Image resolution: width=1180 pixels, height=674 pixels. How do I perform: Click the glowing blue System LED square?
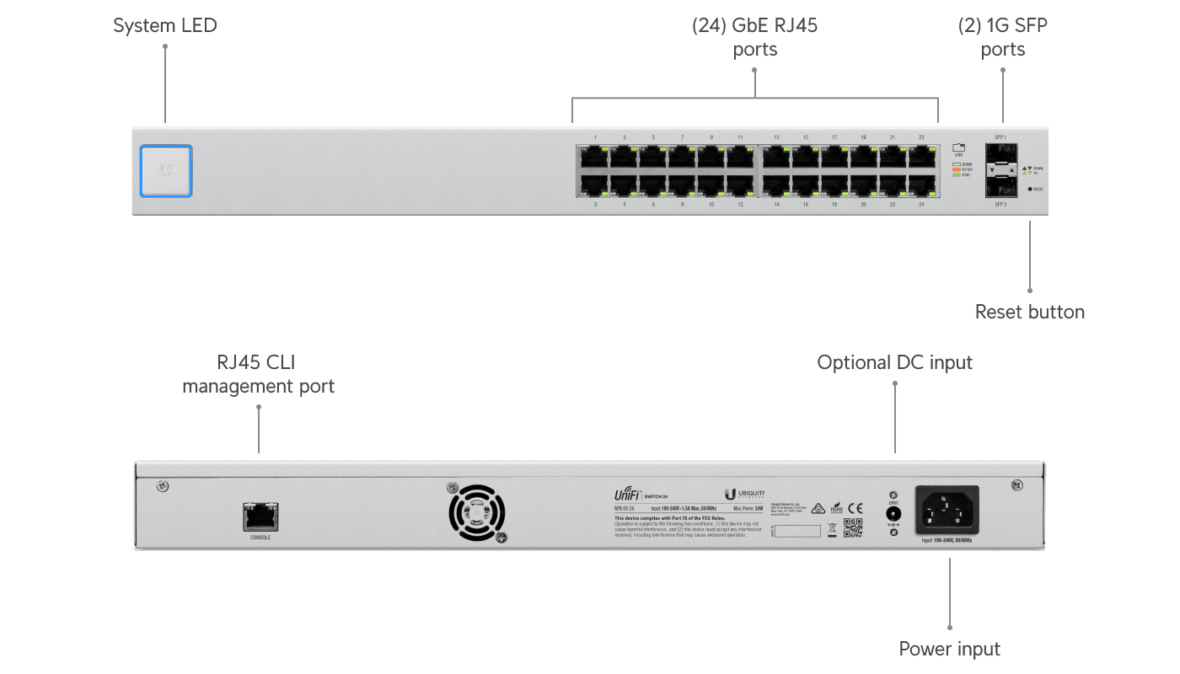tap(166, 171)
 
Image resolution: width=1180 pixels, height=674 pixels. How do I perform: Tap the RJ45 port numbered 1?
tap(595, 156)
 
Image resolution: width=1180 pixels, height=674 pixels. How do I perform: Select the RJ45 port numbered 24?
tap(921, 183)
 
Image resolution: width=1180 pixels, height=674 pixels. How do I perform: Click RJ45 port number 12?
tap(740, 183)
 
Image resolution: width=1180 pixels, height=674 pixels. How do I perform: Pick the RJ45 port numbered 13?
tap(776, 156)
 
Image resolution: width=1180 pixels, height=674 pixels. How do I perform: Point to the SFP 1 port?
tap(1000, 153)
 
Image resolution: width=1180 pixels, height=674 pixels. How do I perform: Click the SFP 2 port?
tap(1000, 186)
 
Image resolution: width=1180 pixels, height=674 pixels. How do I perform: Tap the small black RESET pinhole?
tap(1030, 189)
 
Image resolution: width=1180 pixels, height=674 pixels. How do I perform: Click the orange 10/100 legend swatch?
tap(956, 169)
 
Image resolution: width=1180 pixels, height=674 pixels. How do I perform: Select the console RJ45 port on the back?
tap(260, 515)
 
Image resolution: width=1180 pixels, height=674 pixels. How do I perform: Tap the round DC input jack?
tap(893, 512)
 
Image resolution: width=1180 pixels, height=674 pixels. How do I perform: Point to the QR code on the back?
tap(853, 528)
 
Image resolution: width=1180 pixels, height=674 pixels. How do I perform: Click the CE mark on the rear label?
tap(855, 507)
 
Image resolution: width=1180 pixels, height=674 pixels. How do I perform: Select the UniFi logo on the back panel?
tap(629, 495)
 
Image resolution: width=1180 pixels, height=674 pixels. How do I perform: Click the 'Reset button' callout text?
tap(1029, 312)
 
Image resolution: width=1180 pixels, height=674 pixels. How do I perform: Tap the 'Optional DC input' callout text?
tap(894, 362)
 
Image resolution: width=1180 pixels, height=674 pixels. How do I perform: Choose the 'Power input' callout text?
tap(949, 649)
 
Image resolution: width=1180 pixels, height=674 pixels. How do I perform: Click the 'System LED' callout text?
tap(165, 25)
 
